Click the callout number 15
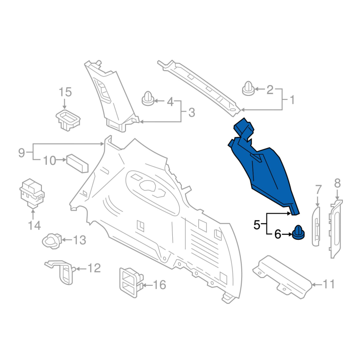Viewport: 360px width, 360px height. [x=65, y=92]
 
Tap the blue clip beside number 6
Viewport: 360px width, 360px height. [x=298, y=232]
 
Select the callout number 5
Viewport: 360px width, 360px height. [x=256, y=225]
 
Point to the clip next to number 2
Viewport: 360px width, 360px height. [x=248, y=88]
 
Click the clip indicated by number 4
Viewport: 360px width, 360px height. [x=148, y=99]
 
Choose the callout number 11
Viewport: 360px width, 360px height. [x=329, y=284]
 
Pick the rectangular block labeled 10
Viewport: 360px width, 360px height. [x=77, y=163]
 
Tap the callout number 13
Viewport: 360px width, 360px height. [x=80, y=240]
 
